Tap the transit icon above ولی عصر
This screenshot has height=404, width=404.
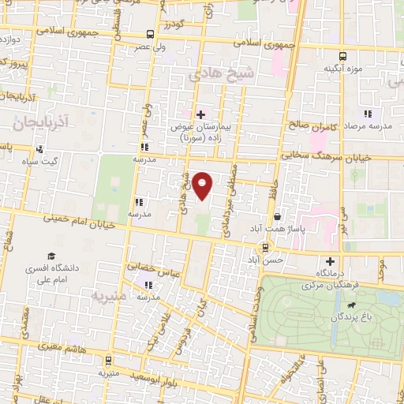(x=150, y=34)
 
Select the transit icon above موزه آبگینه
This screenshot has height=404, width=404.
(x=342, y=56)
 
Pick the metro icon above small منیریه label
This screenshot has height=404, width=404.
(x=108, y=358)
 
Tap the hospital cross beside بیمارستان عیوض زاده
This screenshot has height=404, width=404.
(x=200, y=114)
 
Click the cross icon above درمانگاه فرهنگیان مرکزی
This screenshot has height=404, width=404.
(x=330, y=261)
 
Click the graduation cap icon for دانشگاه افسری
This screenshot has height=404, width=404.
(x=50, y=256)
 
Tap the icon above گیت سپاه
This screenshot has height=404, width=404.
(x=40, y=148)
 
